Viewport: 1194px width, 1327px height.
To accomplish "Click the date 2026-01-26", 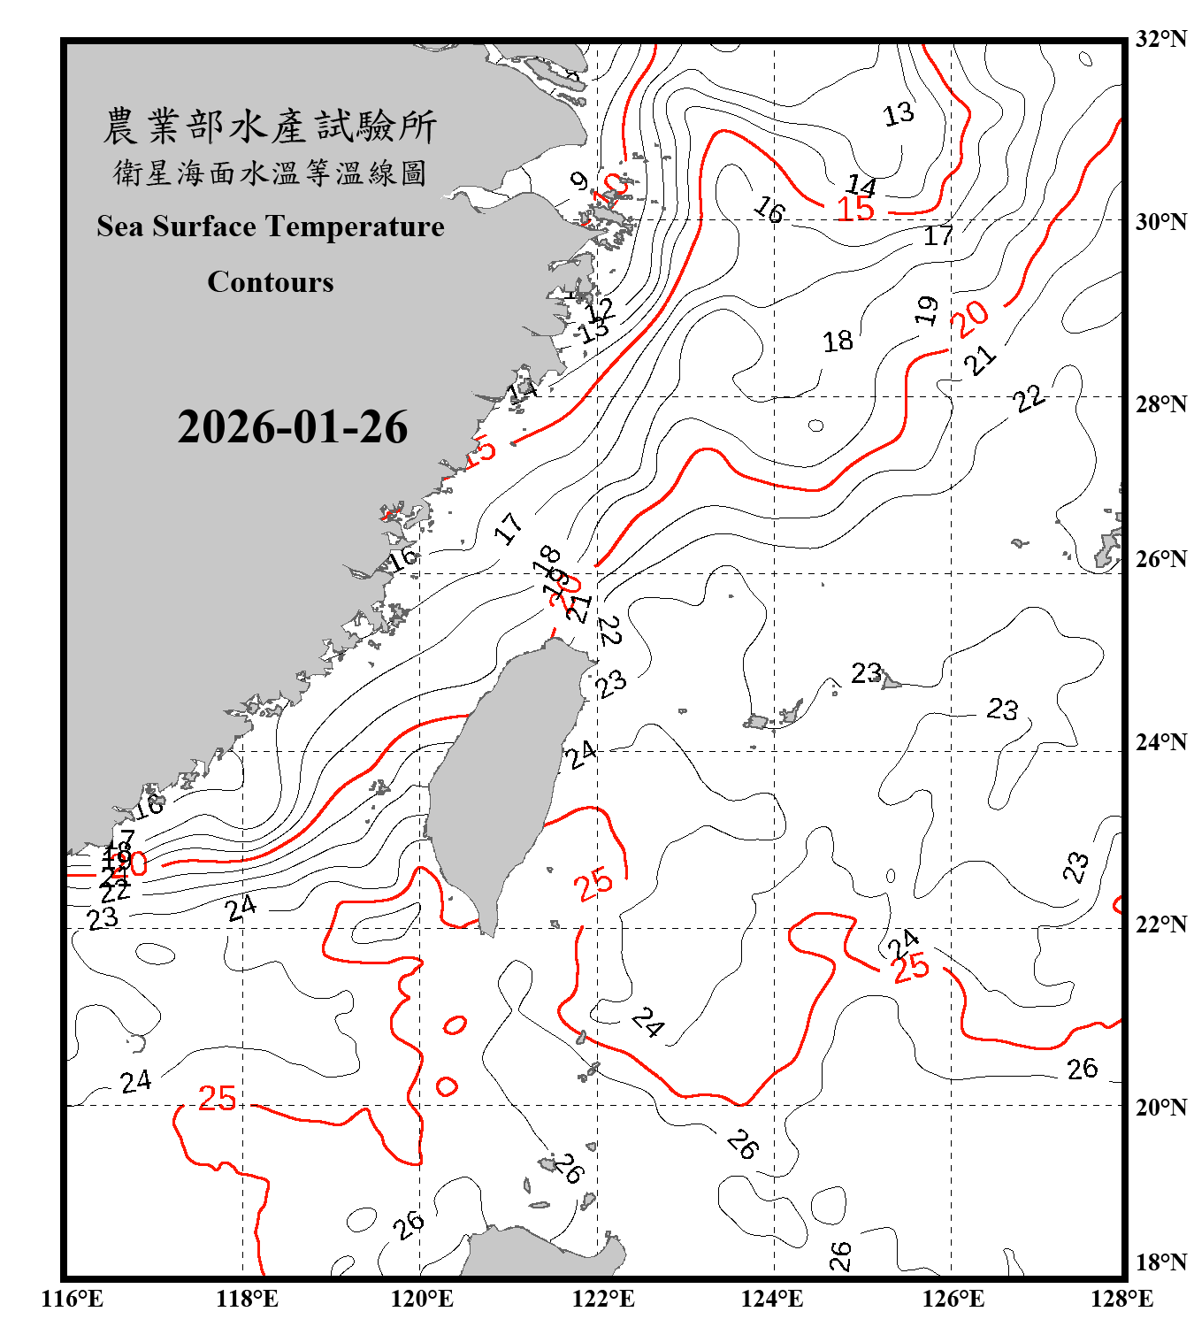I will click(x=292, y=427).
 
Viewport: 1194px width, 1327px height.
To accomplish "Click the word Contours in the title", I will click(x=271, y=281).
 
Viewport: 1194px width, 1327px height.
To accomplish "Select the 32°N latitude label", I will click(x=1161, y=38).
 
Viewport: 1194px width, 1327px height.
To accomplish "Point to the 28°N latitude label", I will click(x=1161, y=403).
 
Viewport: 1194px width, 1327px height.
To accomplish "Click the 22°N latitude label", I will click(x=1161, y=924).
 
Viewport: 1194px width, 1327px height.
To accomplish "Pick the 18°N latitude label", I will click(x=1161, y=1262).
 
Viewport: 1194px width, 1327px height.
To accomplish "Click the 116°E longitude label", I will click(x=73, y=1299).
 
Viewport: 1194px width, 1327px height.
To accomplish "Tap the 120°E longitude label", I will click(x=422, y=1299).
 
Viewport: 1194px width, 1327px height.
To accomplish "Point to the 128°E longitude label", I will click(x=1121, y=1299).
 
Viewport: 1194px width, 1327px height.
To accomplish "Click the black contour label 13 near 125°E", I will click(x=899, y=114).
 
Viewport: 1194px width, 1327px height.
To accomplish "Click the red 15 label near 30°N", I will click(x=855, y=210).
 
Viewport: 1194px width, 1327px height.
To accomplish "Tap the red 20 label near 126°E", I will click(x=970, y=318).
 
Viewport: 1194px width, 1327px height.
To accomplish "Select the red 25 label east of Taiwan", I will click(x=593, y=883).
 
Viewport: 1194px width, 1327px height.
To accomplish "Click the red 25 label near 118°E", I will click(x=217, y=1098).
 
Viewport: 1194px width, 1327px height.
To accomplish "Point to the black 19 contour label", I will click(x=926, y=310).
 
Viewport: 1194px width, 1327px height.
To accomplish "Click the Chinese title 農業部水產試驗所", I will click(x=270, y=127).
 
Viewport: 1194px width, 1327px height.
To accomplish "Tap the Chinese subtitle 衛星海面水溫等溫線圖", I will click(x=270, y=173).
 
